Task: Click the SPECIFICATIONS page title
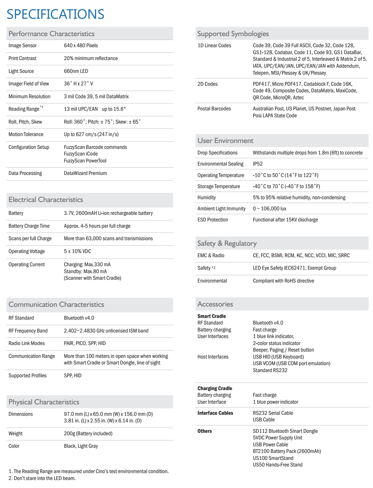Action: click(x=56, y=14)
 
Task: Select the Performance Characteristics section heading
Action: click(x=51, y=34)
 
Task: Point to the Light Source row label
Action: click(x=21, y=71)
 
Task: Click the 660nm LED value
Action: click(x=76, y=71)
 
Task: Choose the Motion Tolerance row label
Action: click(x=26, y=134)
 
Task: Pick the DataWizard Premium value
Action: click(x=85, y=173)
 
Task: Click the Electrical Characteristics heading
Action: click(x=46, y=200)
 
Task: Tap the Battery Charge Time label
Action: click(x=29, y=226)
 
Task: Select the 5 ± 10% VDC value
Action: click(x=77, y=251)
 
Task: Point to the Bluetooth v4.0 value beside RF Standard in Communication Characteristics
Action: click(x=79, y=318)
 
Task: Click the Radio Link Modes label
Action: click(x=27, y=343)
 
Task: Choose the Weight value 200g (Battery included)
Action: click(x=88, y=434)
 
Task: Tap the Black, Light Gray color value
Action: click(x=81, y=446)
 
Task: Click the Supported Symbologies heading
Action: click(x=233, y=34)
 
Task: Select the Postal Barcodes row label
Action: click(x=214, y=109)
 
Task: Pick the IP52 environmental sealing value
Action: click(x=258, y=164)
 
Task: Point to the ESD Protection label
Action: click(x=213, y=220)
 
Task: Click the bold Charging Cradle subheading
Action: click(x=215, y=388)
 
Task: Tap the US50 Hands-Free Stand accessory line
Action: click(x=278, y=465)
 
